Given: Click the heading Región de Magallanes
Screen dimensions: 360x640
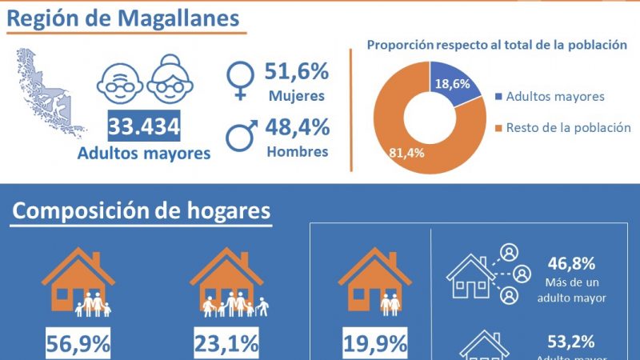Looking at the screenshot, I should coord(124,18).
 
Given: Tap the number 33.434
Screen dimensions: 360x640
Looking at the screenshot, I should coord(144,125).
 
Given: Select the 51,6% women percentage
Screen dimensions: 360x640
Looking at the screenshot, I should coord(297,72).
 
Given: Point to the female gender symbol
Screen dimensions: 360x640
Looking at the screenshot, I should coord(239,78).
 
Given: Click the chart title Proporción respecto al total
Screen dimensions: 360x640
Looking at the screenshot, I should coord(496,44).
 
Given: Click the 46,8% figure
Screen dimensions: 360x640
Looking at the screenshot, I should coord(571,265).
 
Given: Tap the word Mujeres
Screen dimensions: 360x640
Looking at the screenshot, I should coord(297,96).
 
